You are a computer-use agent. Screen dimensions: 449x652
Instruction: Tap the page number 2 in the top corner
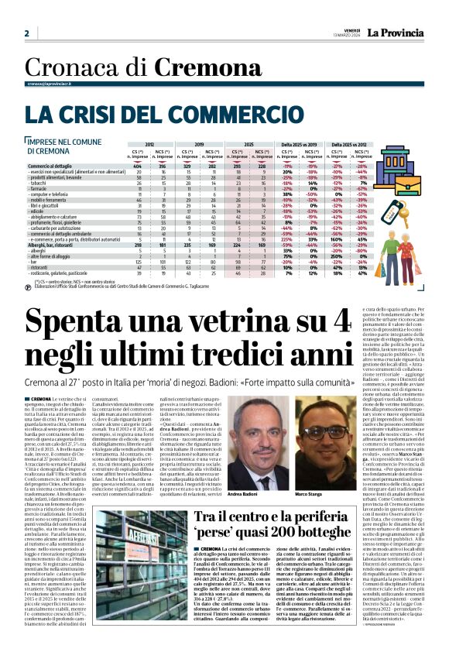click(x=26, y=33)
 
